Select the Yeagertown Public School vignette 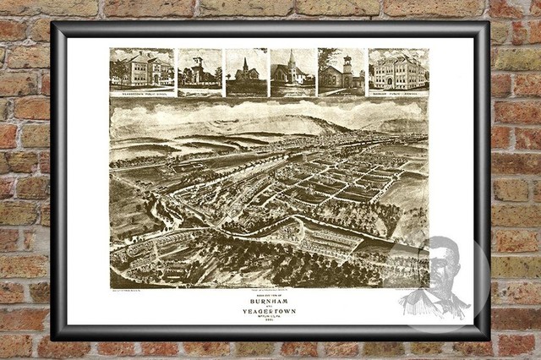[141, 69]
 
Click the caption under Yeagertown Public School [141, 90]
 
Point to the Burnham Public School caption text [398, 90]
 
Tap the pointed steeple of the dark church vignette [245, 63]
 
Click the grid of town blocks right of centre [347, 182]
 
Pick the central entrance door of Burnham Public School [398, 81]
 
